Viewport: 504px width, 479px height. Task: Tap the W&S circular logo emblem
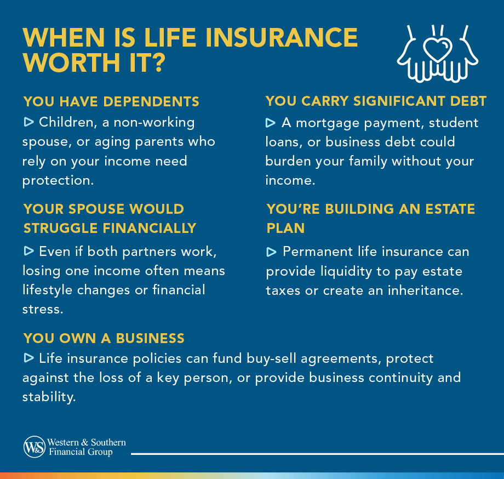pyautogui.click(x=35, y=447)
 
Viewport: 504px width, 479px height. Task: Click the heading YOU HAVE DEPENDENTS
pyautogui.click(x=111, y=102)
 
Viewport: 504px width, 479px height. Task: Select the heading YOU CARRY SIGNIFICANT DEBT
pyautogui.click(x=376, y=101)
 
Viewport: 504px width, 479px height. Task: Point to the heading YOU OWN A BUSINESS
pyautogui.click(x=104, y=338)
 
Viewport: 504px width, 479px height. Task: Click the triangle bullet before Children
pyautogui.click(x=28, y=121)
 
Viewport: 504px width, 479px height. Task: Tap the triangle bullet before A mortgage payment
pyautogui.click(x=271, y=122)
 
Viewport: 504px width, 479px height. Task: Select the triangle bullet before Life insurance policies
pyautogui.click(x=28, y=358)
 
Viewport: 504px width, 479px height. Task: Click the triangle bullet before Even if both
pyautogui.click(x=28, y=251)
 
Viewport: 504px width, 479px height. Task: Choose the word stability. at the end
pyautogui.click(x=48, y=397)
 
